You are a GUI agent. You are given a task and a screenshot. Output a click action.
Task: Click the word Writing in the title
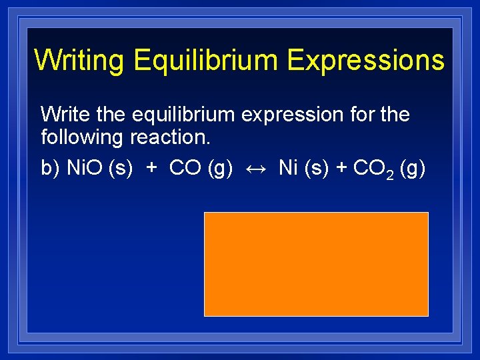[79, 60]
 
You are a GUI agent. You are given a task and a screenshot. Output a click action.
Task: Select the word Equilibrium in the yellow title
[204, 60]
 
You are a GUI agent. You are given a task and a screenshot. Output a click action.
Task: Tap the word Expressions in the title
[366, 60]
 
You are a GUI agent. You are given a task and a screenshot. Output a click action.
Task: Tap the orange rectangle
[316, 264]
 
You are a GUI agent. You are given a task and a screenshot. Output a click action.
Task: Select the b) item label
[51, 169]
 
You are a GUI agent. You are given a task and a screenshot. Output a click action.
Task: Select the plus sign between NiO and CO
[152, 169]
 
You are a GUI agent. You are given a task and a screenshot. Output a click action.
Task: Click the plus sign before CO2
[341, 169]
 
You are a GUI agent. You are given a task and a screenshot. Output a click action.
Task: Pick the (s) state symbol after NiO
[119, 169]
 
